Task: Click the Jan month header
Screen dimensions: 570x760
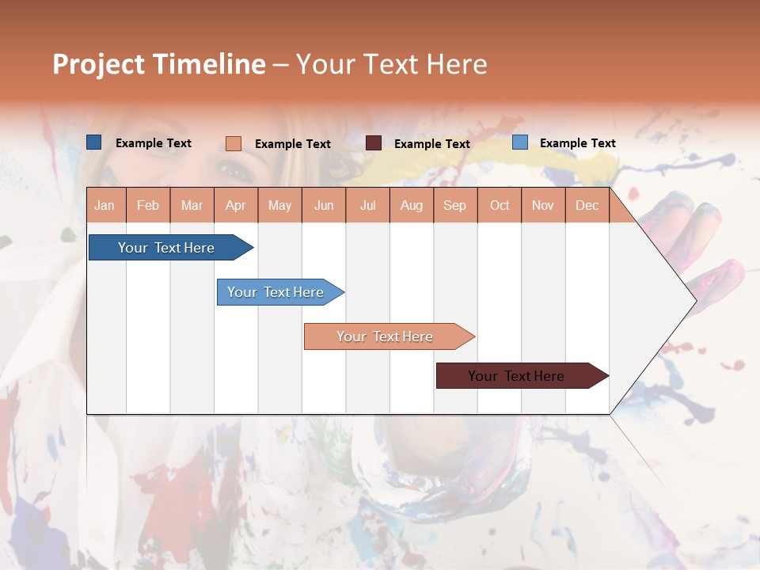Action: [104, 205]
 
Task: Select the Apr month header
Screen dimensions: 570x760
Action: [235, 205]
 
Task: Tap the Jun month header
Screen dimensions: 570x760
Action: [324, 205]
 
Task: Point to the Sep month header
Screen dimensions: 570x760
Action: [454, 205]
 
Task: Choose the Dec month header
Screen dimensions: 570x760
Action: [587, 205]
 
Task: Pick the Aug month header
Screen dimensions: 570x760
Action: [411, 205]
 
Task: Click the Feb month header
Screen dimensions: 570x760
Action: [148, 205]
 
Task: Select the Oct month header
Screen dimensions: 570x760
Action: [500, 205]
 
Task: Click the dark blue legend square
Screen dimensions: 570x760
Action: [94, 142]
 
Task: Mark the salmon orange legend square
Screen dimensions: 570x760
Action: [234, 143]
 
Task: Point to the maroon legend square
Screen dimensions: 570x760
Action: [374, 143]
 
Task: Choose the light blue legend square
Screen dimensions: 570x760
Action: [520, 142]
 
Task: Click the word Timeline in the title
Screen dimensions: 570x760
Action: [209, 64]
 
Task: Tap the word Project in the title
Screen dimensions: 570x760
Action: [99, 64]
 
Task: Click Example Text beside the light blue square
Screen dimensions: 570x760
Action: [577, 143]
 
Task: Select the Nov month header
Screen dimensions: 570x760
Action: [542, 205]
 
